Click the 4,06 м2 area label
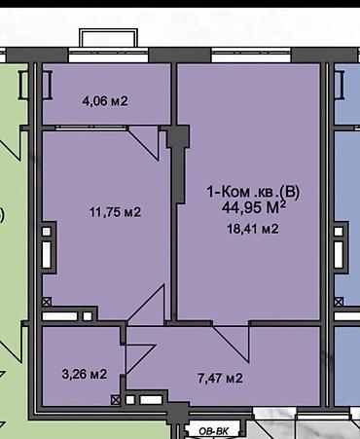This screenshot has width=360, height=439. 105,101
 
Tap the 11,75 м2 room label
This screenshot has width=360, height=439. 115,212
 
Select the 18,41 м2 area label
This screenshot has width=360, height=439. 253,229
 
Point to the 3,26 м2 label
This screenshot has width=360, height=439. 85,374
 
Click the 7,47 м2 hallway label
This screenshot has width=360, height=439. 220,378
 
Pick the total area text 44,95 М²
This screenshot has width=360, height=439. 254,207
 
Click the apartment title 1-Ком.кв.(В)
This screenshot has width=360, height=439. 253,192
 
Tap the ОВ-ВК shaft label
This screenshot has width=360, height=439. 213,431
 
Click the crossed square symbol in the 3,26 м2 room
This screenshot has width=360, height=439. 115,400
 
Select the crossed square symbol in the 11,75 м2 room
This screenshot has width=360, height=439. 47,302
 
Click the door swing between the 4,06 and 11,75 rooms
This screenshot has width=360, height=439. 144,143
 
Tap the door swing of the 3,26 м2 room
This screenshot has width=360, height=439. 140,358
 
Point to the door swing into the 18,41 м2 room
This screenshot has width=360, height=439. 231,342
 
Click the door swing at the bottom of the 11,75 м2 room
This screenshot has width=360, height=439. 147,304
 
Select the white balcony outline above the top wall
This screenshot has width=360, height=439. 108,37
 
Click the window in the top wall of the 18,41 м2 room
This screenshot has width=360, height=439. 252,55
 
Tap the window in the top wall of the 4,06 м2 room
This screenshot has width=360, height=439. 108,55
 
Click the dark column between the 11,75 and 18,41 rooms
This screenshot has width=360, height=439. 178,164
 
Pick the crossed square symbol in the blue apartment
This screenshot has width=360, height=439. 339,302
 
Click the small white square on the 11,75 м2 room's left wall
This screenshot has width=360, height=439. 47,232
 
